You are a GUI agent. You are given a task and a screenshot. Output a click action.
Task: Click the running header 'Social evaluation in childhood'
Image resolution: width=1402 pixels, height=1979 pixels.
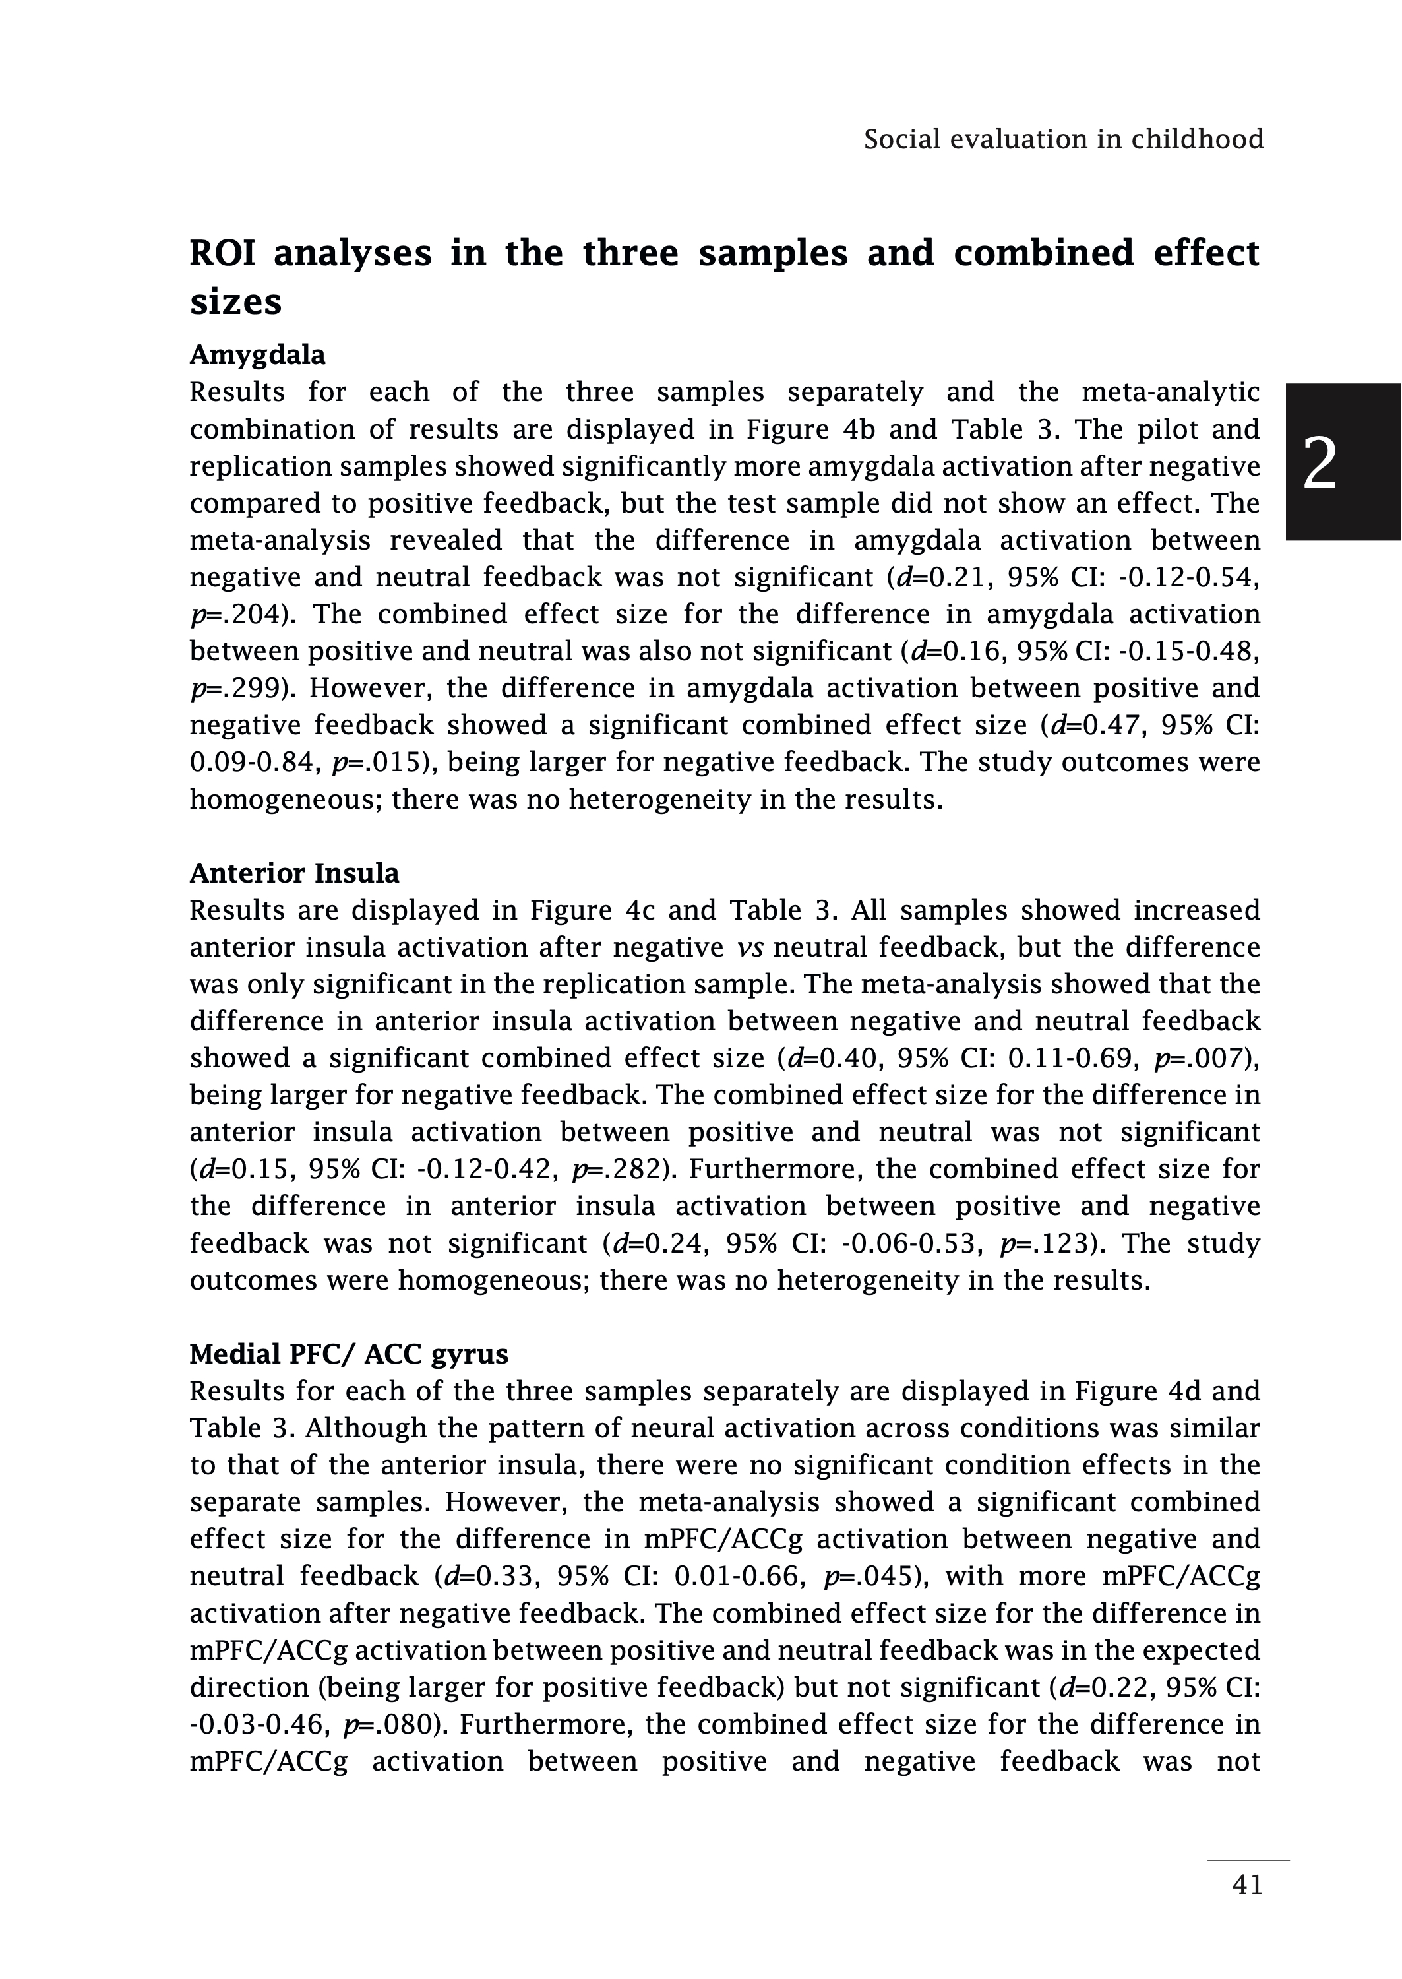click(x=1064, y=140)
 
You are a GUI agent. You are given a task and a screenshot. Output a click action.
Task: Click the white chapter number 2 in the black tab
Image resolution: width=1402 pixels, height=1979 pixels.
click(x=1319, y=464)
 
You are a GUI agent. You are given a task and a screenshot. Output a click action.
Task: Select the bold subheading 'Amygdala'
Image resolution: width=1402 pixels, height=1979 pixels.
click(x=257, y=355)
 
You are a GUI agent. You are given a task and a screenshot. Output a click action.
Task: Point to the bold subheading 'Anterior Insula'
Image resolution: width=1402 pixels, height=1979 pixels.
click(x=294, y=874)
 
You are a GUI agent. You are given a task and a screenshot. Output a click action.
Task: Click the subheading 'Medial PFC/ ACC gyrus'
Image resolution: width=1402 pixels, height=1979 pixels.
click(x=349, y=1354)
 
